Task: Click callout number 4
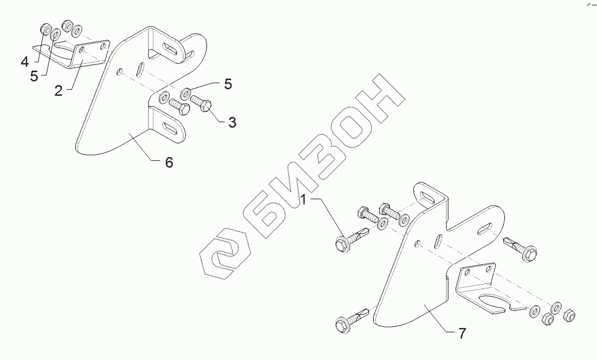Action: click(24, 61)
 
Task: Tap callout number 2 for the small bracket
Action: click(58, 90)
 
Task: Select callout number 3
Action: click(231, 122)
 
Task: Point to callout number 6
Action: click(169, 163)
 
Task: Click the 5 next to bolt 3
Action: click(227, 84)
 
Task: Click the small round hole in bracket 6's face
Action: click(119, 72)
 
